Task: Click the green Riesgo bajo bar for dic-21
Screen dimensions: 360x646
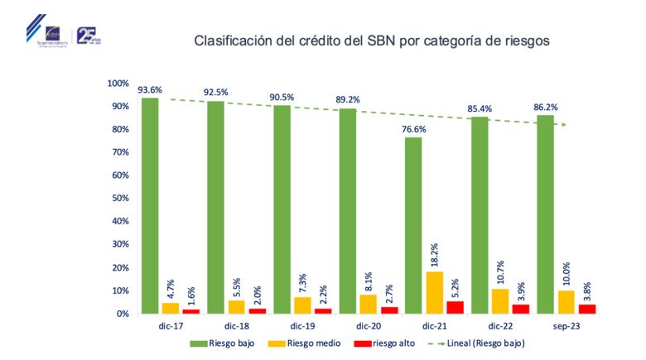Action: click(x=412, y=225)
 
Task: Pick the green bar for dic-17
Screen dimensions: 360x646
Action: click(x=150, y=205)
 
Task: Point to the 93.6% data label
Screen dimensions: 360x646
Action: click(x=150, y=90)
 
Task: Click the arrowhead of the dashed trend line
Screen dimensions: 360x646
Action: click(x=565, y=125)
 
